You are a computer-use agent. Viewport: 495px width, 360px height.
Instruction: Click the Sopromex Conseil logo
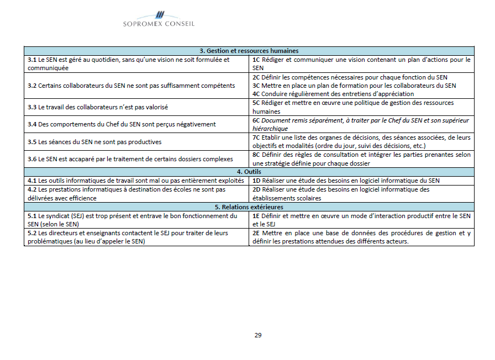point(159,19)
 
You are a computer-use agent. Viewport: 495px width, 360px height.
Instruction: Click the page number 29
point(258,335)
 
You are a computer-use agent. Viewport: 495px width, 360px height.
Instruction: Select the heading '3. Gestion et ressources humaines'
point(249,51)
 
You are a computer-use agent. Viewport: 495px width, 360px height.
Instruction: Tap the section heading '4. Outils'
point(249,172)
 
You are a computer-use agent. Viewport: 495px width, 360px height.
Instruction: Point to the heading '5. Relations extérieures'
point(249,207)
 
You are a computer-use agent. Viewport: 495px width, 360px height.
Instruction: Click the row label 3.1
point(32,60)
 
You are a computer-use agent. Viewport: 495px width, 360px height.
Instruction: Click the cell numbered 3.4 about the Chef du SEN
point(122,124)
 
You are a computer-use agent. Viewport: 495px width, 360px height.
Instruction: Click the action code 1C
point(256,60)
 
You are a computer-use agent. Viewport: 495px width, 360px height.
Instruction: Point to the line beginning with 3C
point(354,86)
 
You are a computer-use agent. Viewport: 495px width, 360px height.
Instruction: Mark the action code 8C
point(256,155)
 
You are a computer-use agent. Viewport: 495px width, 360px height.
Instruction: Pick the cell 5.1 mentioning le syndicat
point(133,220)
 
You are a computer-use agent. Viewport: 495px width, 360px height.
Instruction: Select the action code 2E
point(256,233)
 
